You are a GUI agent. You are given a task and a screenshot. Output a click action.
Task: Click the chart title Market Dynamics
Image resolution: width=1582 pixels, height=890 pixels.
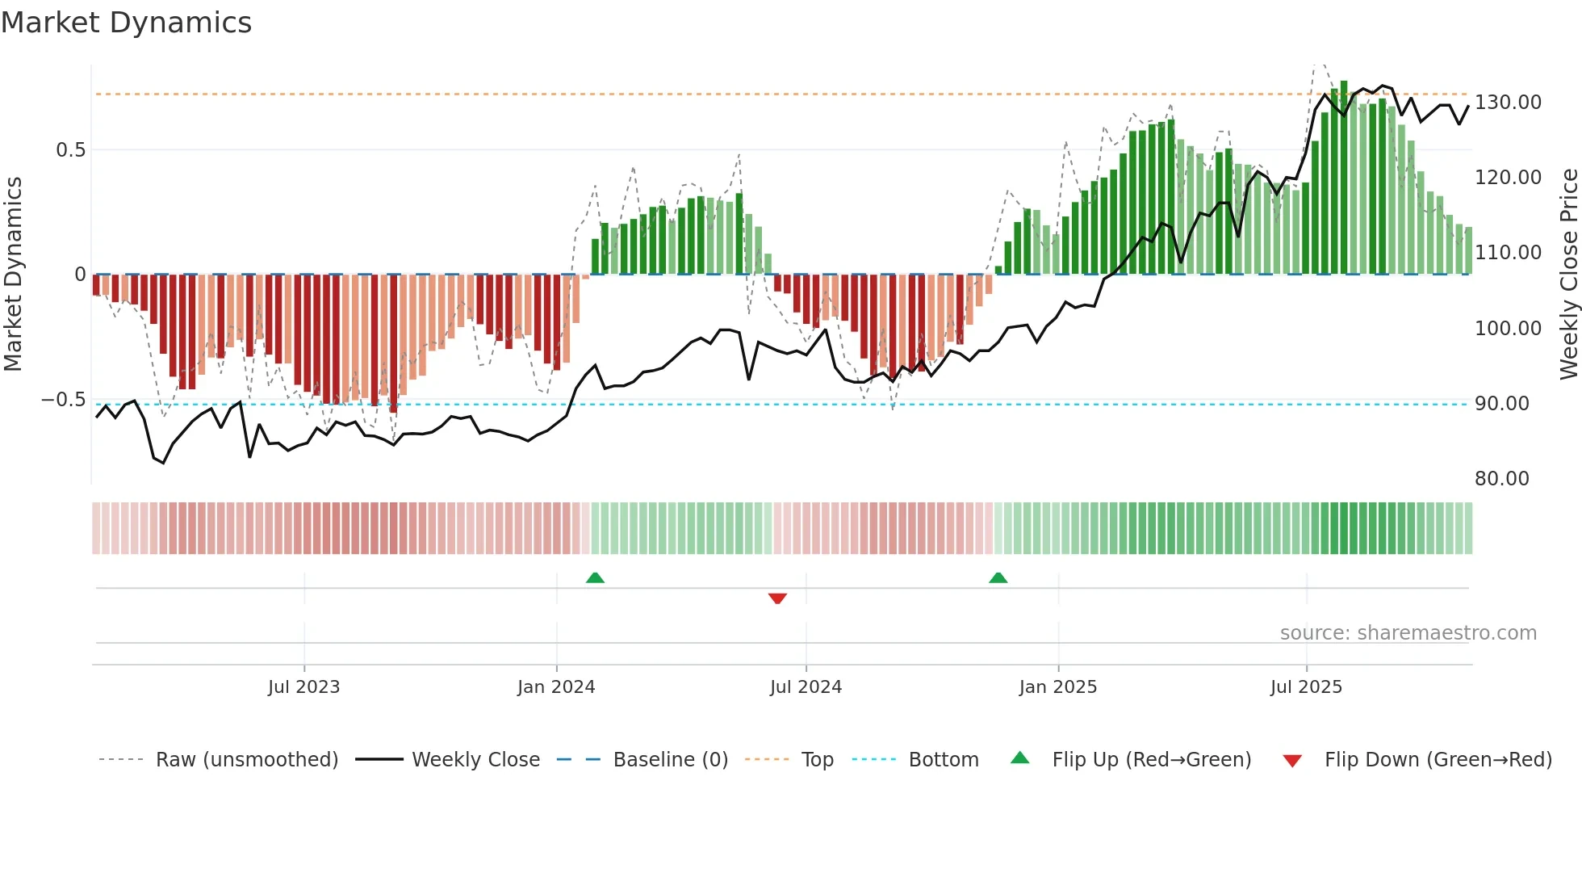126,23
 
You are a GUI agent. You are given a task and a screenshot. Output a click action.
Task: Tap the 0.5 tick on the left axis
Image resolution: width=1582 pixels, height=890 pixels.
70,150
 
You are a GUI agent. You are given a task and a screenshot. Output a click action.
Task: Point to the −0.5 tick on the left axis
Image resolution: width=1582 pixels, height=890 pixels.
63,400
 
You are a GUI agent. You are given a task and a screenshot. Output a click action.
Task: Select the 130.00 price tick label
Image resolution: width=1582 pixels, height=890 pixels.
1508,103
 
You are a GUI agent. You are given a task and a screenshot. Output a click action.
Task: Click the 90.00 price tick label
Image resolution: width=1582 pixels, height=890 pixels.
1501,404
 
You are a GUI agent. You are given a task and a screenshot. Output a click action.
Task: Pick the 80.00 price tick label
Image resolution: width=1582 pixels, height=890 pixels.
1501,479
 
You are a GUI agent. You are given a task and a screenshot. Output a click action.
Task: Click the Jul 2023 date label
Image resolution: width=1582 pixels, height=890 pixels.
303,687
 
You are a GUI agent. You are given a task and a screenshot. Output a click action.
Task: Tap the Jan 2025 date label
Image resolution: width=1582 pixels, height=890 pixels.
1057,687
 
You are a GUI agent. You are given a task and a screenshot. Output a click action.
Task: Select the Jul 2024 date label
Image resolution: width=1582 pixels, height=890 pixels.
806,687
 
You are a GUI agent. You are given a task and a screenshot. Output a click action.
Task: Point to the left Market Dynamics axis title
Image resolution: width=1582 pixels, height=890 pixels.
13,275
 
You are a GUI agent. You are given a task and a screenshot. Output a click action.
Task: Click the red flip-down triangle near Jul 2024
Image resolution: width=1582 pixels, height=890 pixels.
777,598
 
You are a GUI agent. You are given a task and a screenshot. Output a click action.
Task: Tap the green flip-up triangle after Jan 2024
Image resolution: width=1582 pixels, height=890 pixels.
595,577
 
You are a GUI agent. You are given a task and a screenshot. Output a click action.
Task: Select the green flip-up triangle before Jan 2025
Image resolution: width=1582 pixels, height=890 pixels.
998,577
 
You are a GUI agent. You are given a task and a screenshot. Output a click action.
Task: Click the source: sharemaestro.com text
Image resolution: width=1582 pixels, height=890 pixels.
1408,633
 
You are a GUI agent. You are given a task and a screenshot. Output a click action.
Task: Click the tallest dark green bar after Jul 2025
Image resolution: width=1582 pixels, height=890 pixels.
1344,178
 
